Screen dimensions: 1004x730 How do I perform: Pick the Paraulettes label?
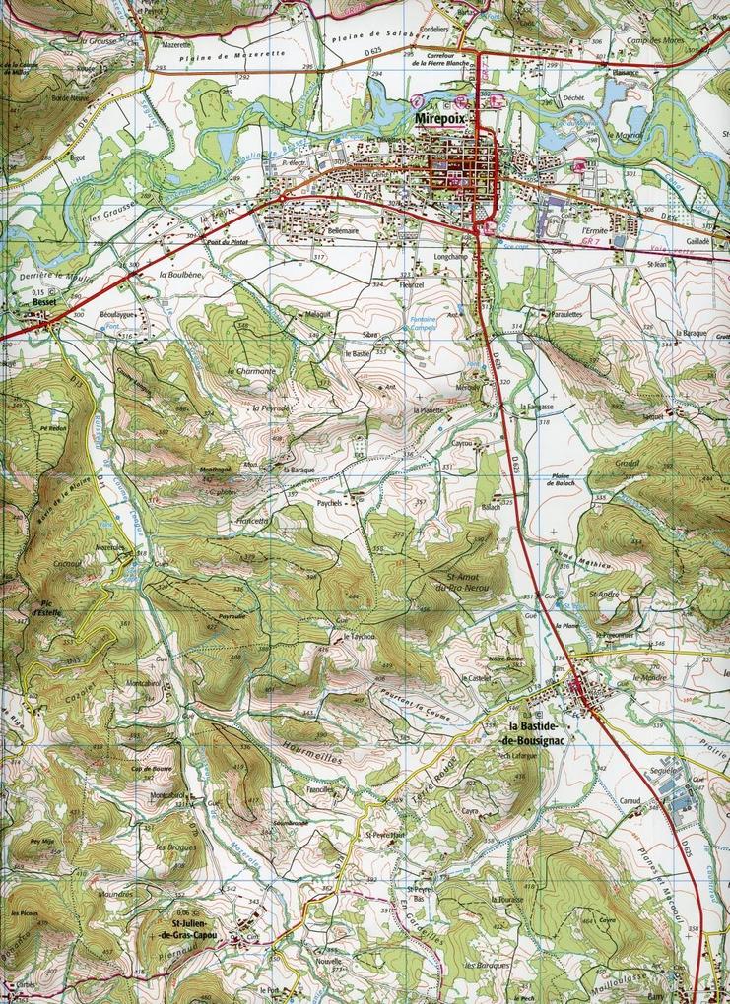coord(567,314)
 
